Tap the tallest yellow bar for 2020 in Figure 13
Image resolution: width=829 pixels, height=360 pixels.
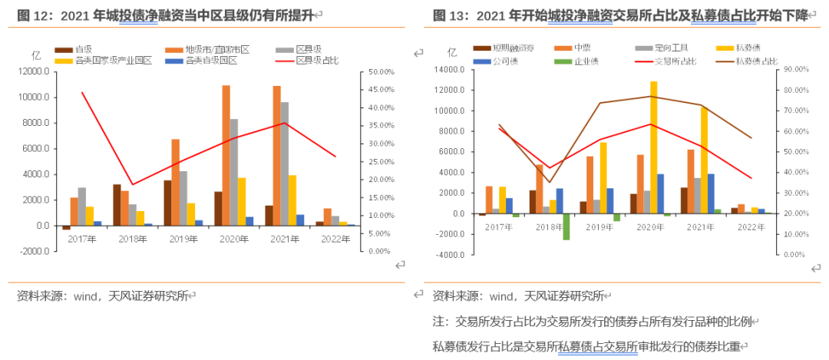click(653, 147)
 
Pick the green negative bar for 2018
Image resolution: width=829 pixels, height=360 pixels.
click(566, 226)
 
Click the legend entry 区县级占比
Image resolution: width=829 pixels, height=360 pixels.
click(317, 60)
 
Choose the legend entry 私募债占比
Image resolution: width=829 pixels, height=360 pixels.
click(756, 61)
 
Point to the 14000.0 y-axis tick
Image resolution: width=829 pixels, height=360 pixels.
click(448, 70)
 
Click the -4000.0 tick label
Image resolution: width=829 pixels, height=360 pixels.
click(448, 255)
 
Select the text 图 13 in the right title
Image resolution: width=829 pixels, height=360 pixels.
click(448, 15)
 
